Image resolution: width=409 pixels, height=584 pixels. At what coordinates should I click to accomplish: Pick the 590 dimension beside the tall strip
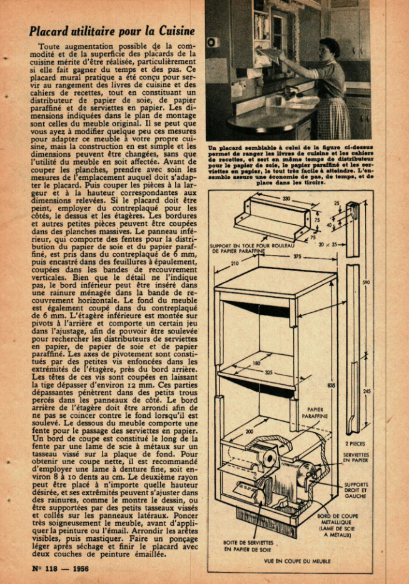coord(365,282)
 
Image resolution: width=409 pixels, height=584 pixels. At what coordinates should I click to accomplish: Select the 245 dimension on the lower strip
coord(366,392)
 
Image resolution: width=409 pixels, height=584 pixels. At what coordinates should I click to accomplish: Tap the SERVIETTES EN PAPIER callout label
coord(356,458)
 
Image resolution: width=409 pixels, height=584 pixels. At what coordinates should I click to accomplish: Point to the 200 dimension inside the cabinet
coord(250,432)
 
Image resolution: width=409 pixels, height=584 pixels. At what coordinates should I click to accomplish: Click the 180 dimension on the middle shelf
coord(256,363)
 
